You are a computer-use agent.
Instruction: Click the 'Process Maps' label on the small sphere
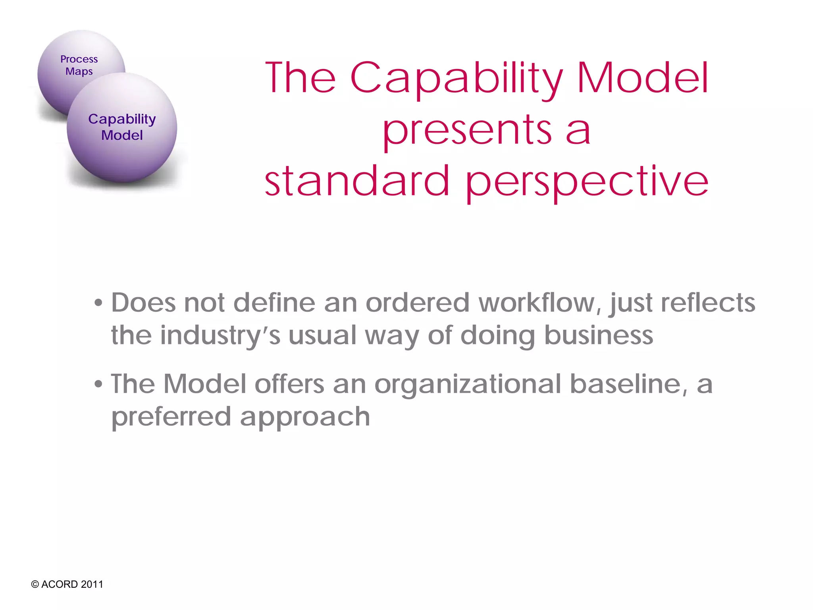79,65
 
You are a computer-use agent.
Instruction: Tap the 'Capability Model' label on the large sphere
122,127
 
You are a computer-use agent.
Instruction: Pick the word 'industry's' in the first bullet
220,336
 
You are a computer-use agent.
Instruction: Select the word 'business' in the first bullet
598,336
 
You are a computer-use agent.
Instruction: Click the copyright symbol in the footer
35,585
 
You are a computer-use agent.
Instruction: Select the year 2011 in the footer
92,585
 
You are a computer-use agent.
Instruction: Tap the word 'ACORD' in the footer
60,585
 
